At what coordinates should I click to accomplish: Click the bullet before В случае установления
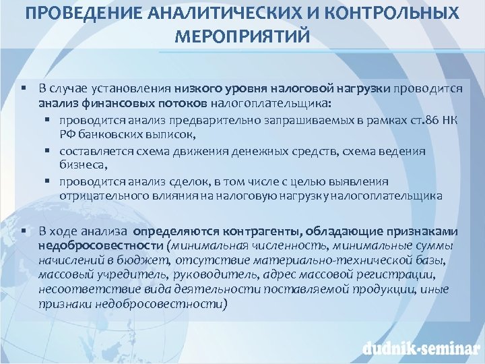click(23, 88)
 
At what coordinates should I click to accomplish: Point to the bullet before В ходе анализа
click(23, 230)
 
